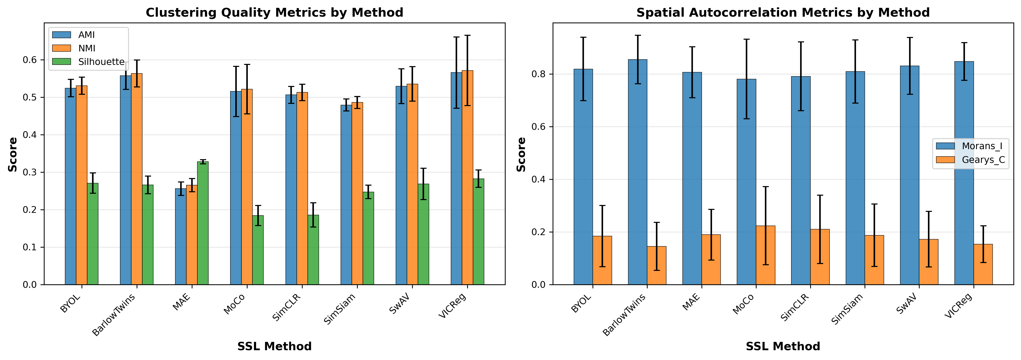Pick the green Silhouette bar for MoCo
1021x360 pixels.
pos(258,250)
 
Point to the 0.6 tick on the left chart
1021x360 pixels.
pos(30,60)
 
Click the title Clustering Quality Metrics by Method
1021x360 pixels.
pos(274,13)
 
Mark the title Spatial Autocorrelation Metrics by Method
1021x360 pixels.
pos(783,13)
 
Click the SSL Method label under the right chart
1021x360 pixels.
pos(783,347)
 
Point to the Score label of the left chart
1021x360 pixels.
pos(13,154)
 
